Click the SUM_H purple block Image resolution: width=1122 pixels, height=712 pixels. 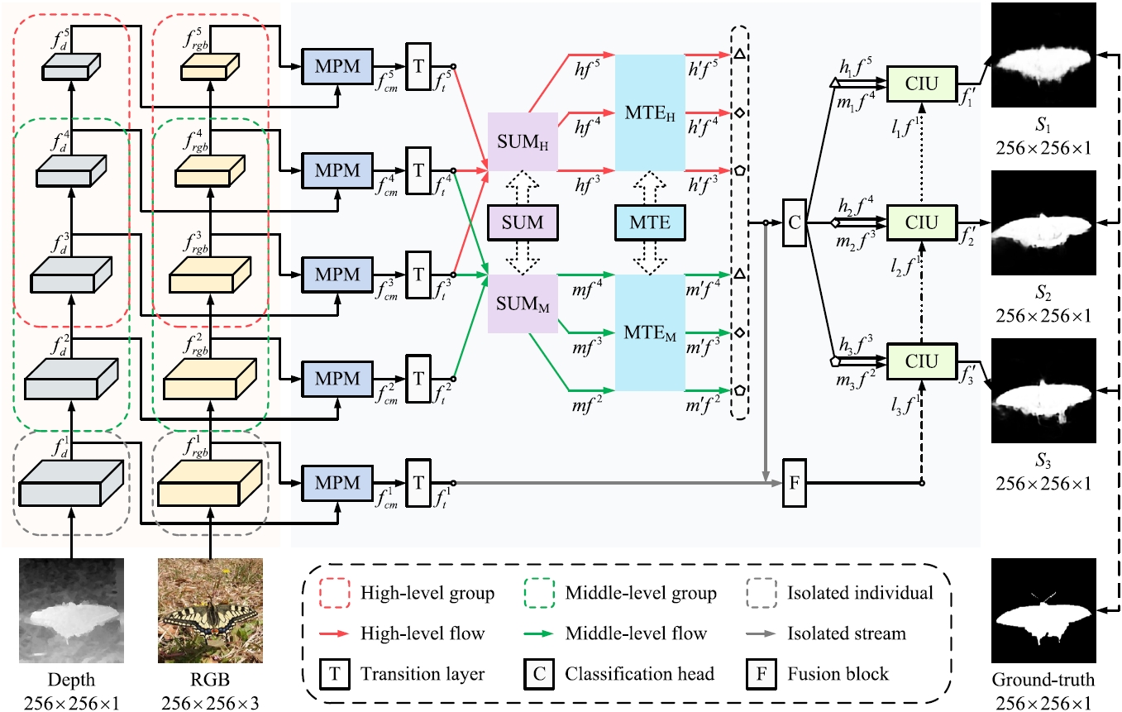[523, 141]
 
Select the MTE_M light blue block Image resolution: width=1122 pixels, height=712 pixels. [650, 332]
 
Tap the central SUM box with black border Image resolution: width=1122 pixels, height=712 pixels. [523, 222]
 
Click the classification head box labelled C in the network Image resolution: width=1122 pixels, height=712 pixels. [795, 222]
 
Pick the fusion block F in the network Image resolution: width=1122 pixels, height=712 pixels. [795, 483]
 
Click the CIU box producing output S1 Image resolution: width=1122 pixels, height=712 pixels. [922, 84]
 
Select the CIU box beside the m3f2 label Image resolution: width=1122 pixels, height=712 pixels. [922, 361]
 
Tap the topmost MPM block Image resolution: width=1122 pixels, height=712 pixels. [337, 66]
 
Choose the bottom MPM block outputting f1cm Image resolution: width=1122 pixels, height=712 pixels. [337, 483]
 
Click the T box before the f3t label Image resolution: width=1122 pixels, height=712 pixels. [418, 275]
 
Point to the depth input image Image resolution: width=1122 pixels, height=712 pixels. [71, 610]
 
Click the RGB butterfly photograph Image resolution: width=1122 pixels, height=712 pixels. [210, 610]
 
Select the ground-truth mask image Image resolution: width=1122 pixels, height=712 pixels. [1043, 610]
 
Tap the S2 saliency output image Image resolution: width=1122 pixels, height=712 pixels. [1043, 222]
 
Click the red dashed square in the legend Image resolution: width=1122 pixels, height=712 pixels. [335, 593]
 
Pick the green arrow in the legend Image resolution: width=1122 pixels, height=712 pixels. [538, 633]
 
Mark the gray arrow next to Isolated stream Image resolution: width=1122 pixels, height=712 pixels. [761, 633]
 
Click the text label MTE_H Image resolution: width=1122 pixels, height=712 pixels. [650, 114]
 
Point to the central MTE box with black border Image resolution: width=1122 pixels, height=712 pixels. [650, 222]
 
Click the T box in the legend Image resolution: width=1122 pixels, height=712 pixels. [335, 674]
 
